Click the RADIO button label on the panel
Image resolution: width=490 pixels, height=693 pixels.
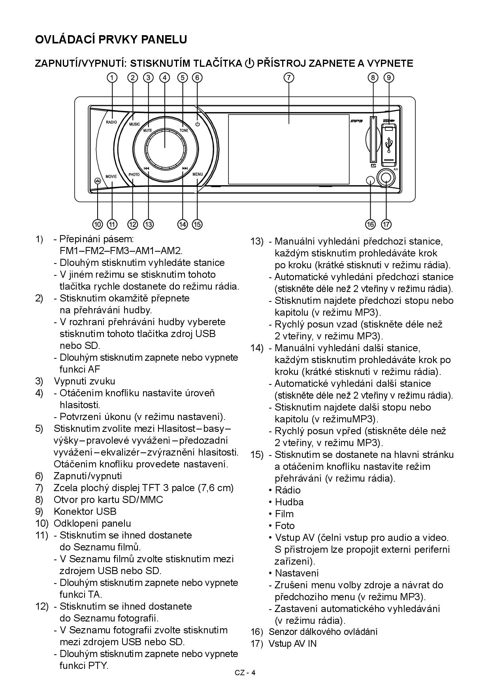point(111,122)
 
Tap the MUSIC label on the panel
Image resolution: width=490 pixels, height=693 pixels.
point(134,124)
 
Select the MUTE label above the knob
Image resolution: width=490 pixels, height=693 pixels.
point(148,130)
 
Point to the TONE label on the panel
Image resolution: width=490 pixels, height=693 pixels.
point(184,130)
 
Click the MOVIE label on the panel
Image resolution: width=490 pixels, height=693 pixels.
point(111,176)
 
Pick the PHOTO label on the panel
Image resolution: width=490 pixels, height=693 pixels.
point(134,174)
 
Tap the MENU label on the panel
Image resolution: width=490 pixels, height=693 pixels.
point(198,174)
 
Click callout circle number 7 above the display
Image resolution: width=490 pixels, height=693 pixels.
point(289,77)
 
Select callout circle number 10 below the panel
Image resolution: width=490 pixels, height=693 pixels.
point(98,224)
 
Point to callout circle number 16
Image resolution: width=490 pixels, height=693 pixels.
point(370,224)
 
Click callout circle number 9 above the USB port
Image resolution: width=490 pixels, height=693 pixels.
point(389,77)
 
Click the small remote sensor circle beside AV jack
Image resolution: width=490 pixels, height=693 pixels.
point(370,180)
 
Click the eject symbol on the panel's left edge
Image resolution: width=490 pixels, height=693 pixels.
point(98,181)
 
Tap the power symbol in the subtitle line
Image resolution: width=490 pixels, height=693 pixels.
point(249,63)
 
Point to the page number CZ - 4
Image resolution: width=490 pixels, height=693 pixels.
point(245,673)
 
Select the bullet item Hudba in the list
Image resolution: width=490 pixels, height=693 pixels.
point(289,502)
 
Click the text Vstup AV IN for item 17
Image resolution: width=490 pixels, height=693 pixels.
point(292,644)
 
